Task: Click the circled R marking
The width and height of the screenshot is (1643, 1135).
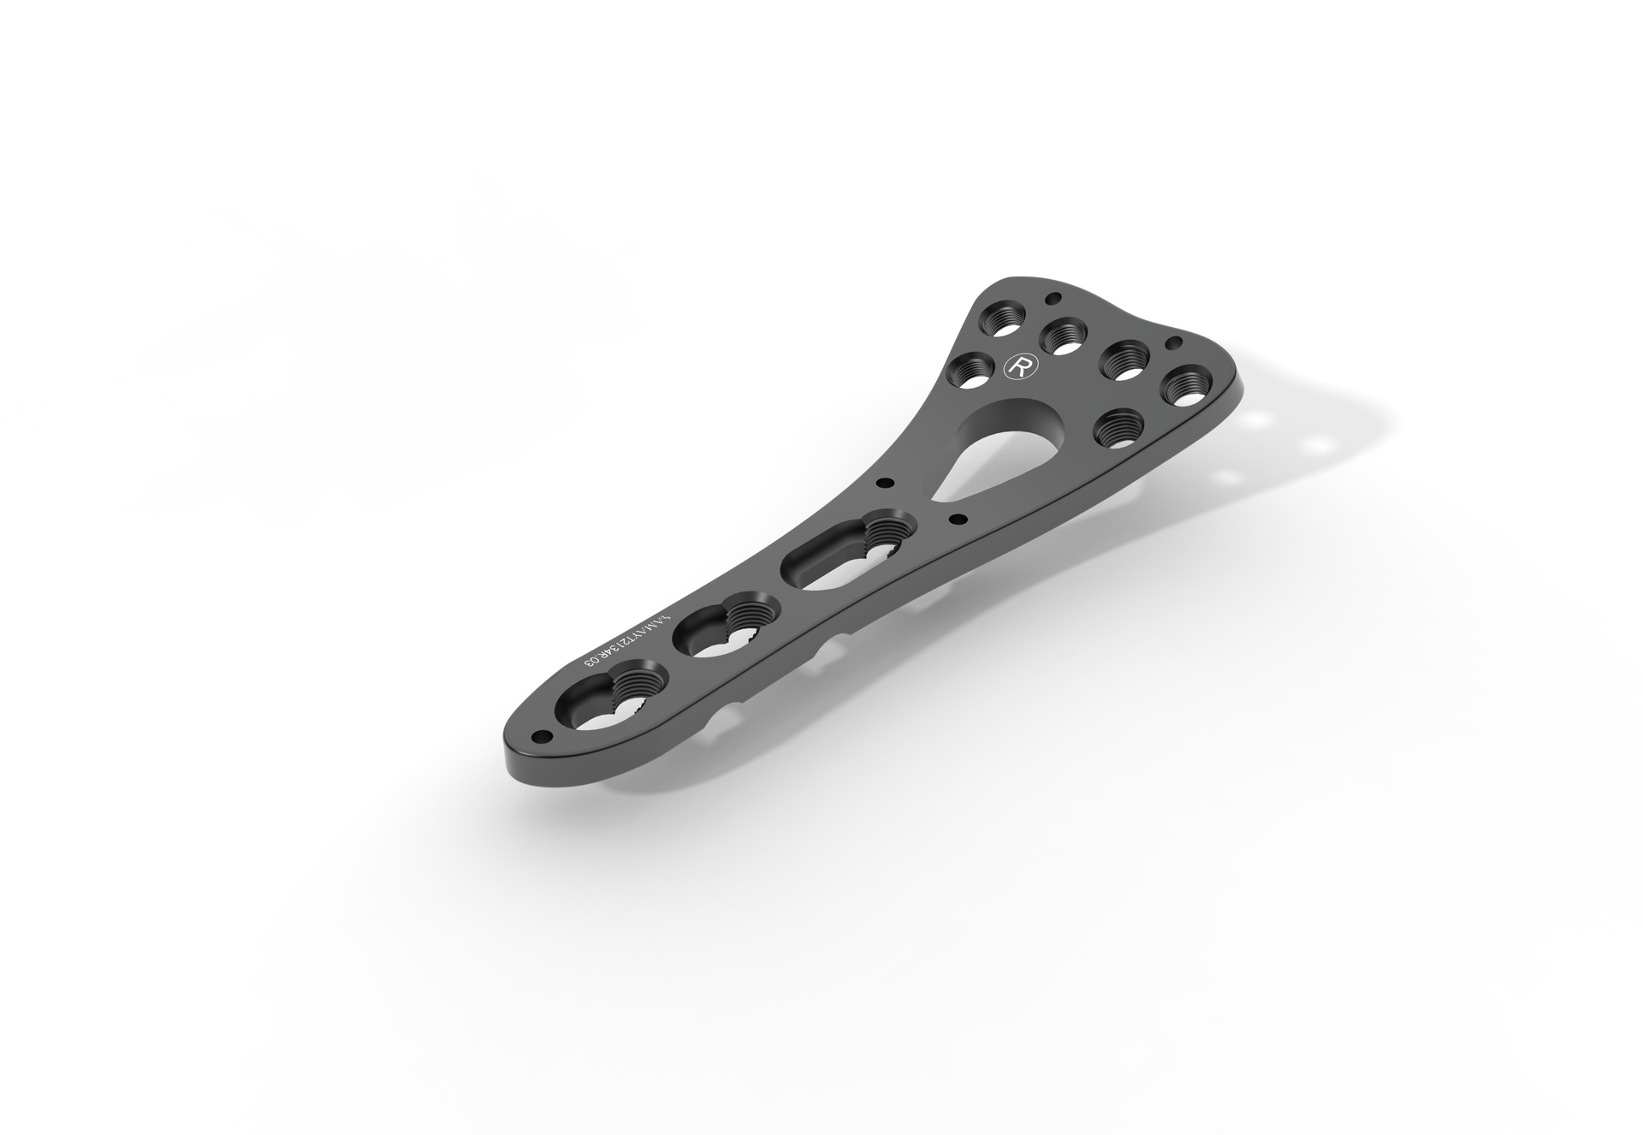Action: point(1019,365)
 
